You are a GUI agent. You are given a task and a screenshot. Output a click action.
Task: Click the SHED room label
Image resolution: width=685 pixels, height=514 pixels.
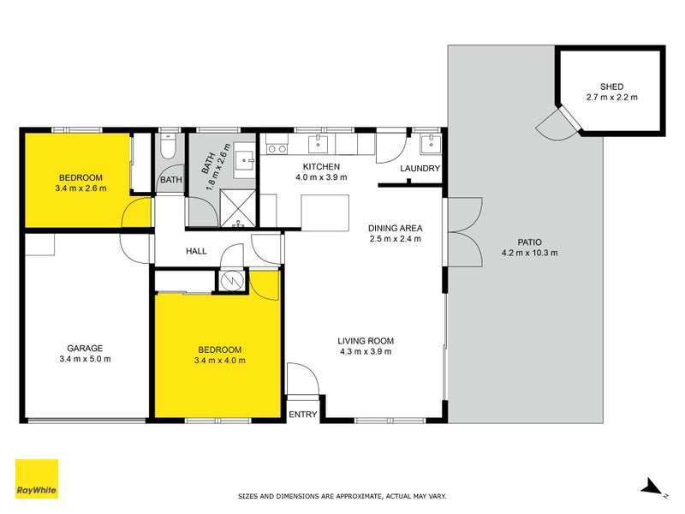(x=611, y=87)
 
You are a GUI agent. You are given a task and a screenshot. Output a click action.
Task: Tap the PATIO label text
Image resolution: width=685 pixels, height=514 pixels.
(x=529, y=242)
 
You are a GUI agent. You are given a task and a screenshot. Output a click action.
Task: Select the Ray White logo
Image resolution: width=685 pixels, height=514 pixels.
(x=37, y=480)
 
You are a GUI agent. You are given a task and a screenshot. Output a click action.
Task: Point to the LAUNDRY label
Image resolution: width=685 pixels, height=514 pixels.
(x=420, y=169)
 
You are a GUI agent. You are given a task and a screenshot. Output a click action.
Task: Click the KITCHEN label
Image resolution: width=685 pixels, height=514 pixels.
(x=322, y=166)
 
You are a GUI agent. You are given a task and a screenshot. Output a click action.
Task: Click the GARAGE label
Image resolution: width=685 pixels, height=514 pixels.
(x=85, y=348)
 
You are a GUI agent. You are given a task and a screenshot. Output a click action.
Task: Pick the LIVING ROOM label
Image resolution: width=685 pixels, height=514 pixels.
(x=366, y=340)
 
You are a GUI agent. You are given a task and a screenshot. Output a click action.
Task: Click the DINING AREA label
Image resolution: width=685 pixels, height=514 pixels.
(x=396, y=228)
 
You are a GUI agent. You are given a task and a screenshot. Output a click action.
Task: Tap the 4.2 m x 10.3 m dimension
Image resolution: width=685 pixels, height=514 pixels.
(x=529, y=253)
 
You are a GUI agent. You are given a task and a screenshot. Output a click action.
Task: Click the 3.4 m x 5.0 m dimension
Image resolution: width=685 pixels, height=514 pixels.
(x=85, y=359)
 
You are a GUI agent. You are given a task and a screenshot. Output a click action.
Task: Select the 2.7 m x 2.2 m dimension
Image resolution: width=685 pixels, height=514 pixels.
(x=611, y=98)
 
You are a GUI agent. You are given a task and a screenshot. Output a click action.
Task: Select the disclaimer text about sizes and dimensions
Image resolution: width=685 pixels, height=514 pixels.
(x=342, y=496)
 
